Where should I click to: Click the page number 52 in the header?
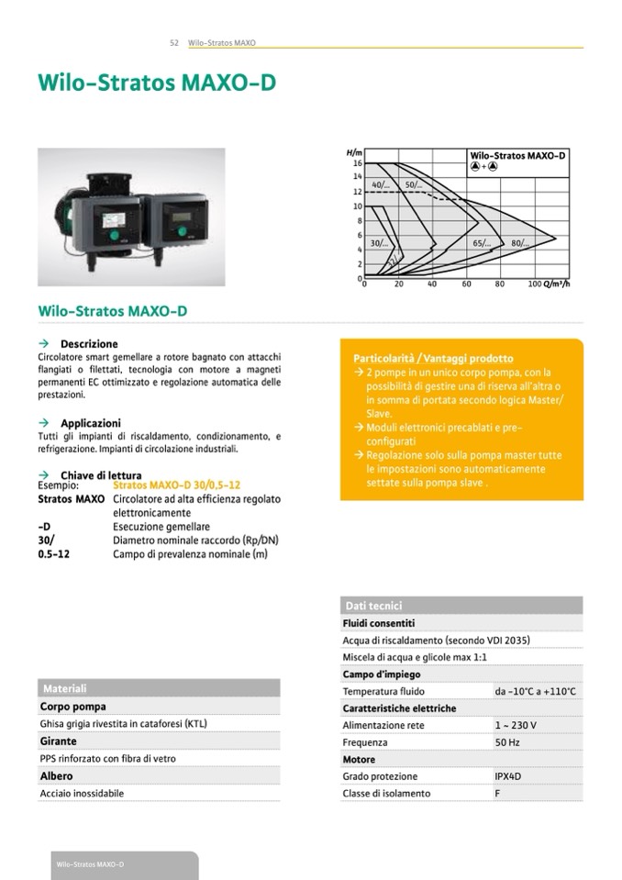[174, 42]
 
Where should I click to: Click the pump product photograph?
[131, 217]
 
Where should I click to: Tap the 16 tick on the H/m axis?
[358, 162]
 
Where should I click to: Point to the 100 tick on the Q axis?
[535, 284]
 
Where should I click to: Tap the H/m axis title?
[354, 151]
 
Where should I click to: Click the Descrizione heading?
[89, 344]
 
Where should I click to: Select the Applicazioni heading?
[92, 423]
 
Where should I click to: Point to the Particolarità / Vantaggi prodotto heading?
[433, 358]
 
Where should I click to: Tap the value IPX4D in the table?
[509, 776]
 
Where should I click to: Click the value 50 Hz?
[507, 742]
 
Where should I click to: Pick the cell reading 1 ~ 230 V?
[516, 725]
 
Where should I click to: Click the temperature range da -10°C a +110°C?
[535, 691]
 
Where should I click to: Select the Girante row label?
[59, 741]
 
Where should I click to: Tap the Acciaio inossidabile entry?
[82, 793]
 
